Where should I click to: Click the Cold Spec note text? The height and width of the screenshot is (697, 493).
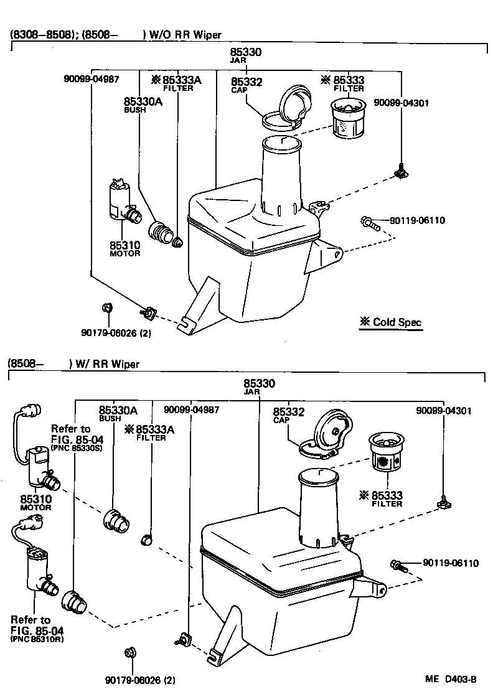tap(390, 322)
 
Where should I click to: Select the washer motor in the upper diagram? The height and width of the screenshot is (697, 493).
tap(120, 202)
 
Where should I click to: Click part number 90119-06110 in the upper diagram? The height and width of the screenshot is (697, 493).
tap(417, 220)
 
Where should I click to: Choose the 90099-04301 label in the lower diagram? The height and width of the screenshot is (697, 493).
tap(444, 411)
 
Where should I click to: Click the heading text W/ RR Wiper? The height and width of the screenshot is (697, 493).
tap(105, 364)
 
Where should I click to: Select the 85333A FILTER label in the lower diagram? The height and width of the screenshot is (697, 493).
tap(149, 433)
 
